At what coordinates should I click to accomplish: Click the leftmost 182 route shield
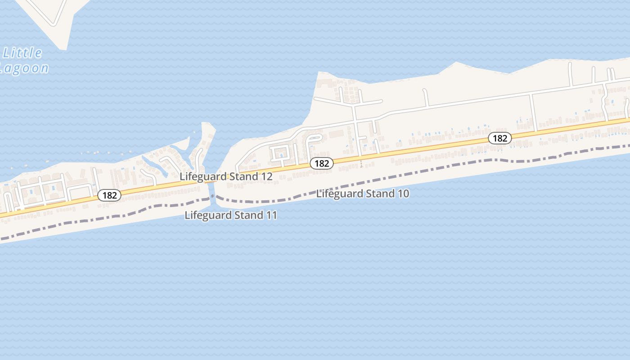tap(109, 195)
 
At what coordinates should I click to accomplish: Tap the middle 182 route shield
tap(322, 163)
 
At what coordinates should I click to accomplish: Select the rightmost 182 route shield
tap(500, 138)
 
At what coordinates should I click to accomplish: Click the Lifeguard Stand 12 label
tap(226, 176)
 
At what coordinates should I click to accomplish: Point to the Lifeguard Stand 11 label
tap(231, 216)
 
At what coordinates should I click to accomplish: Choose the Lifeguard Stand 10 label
tap(363, 194)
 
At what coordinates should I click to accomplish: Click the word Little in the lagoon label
tap(22, 53)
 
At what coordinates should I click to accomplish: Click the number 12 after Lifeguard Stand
tap(267, 176)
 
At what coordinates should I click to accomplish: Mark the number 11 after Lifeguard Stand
tap(272, 216)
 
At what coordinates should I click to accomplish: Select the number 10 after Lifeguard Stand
tap(403, 194)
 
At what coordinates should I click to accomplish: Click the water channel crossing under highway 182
tap(211, 184)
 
